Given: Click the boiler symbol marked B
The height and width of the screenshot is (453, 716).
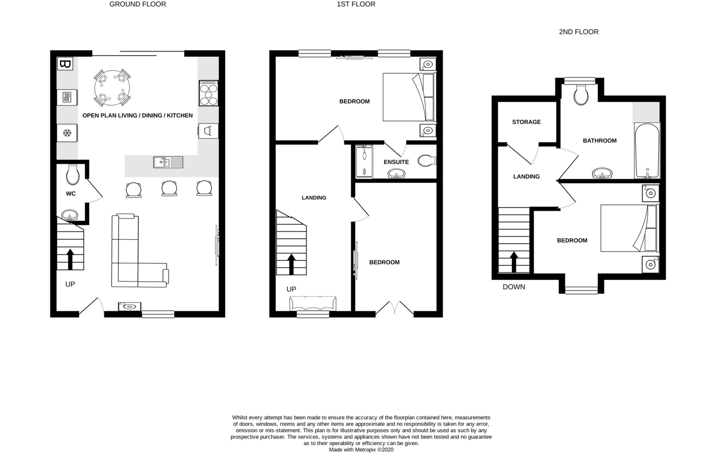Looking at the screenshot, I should click(65, 64).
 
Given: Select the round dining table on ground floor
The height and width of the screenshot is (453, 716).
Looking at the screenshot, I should click(112, 88).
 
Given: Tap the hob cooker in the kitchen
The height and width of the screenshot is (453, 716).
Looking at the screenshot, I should click(208, 93).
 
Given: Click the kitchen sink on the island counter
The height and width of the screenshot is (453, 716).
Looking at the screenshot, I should click(168, 162).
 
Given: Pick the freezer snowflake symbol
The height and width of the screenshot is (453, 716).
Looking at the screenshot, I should click(67, 133).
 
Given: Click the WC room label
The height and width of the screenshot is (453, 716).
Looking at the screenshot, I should click(70, 193).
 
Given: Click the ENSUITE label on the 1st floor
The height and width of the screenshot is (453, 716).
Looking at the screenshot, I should click(396, 162).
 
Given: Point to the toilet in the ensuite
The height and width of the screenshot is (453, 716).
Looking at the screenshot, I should click(427, 161).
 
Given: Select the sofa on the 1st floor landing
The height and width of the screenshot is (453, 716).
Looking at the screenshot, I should click(313, 303).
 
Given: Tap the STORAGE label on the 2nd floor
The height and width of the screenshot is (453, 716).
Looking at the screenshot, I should click(526, 122).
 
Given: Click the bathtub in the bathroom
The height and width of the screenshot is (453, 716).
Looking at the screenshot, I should click(647, 151).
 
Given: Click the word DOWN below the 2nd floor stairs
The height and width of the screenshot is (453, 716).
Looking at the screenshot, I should click(514, 287).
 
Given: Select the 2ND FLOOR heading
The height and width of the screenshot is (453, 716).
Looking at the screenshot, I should click(578, 32).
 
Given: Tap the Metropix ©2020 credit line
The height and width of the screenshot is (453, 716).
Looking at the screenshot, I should click(361, 450).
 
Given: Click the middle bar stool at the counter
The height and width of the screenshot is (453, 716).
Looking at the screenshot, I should click(169, 188).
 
